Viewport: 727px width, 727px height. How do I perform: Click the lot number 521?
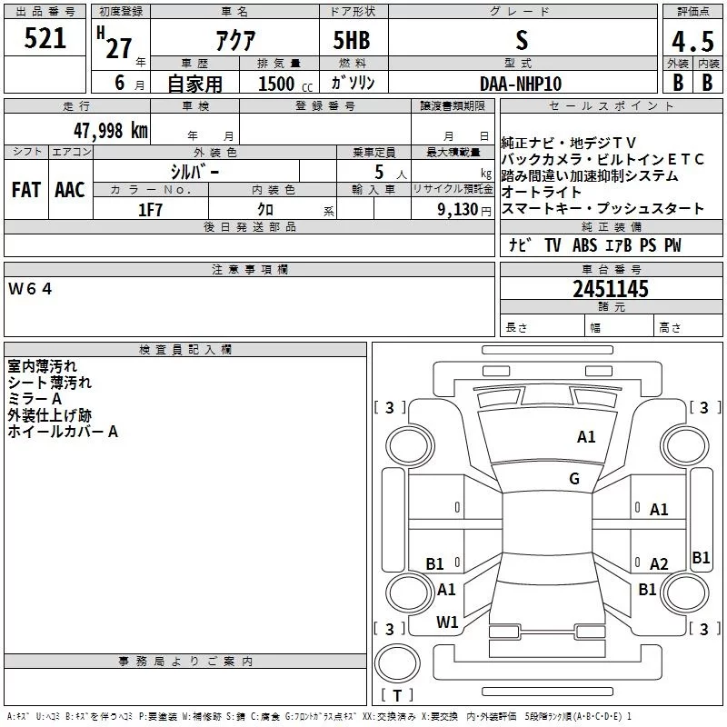pos(45,39)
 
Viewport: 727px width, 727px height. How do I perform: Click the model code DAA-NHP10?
pos(521,83)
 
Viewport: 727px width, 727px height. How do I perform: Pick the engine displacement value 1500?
pos(276,84)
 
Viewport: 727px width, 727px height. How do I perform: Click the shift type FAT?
pos(25,190)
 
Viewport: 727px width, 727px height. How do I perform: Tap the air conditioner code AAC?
pos(69,190)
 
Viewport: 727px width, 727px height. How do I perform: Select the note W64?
pos(31,289)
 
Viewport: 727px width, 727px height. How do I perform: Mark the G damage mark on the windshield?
pos(574,479)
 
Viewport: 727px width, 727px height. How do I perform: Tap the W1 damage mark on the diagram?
pos(447,622)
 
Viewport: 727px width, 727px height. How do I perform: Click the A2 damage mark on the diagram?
pos(659,564)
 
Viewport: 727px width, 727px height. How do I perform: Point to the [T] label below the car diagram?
pos(396,696)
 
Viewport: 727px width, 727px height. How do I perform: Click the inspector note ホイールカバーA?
pos(63,432)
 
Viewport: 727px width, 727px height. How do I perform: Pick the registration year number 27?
pos(118,47)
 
